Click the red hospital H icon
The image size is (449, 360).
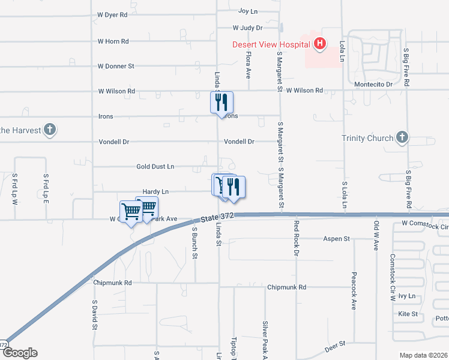point(320,43)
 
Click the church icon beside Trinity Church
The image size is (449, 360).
point(402,138)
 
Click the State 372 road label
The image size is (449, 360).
point(217,215)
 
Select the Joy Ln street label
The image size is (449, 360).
point(248,11)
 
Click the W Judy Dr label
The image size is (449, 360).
point(248,28)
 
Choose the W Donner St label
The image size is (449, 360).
point(116,66)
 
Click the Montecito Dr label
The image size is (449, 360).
point(373,85)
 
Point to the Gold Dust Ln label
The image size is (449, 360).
point(155,166)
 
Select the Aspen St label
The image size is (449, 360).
point(337,239)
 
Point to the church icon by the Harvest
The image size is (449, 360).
point(50,130)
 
